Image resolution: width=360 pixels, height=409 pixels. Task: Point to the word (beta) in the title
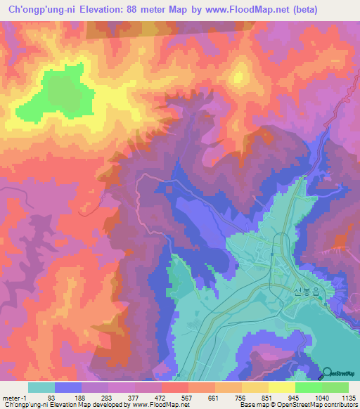click(x=302, y=10)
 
